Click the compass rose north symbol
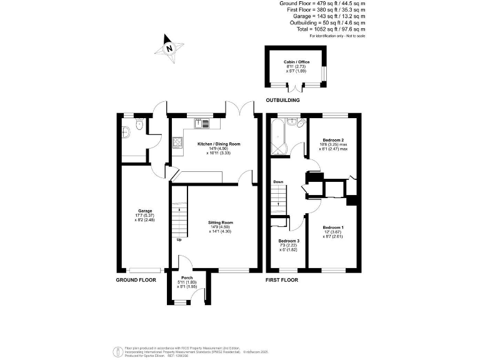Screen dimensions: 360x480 click(169, 47)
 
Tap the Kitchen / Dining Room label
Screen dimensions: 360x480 click(218, 144)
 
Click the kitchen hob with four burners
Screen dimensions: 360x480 click(177, 145)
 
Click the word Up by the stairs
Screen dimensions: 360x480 click(179, 239)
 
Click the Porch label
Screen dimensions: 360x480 click(187, 277)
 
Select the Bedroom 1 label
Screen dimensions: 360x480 click(333, 227)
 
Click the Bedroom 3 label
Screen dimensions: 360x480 click(288, 241)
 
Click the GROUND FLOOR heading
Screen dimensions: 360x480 click(136, 280)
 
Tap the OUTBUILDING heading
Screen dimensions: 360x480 click(282, 100)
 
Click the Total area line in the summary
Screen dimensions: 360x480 click(331, 29)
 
